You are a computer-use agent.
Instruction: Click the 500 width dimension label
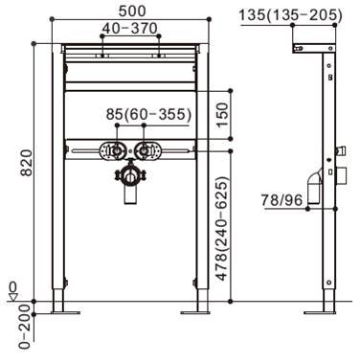(x=132, y=11)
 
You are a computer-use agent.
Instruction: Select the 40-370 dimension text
(x=129, y=29)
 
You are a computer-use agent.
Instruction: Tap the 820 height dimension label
(x=26, y=163)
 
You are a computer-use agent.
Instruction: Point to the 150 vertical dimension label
(x=222, y=115)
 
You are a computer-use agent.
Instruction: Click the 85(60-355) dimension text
(x=148, y=114)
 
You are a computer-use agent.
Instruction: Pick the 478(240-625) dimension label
(x=222, y=228)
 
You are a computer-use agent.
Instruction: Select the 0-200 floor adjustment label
(x=25, y=327)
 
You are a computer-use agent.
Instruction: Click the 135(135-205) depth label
(x=291, y=15)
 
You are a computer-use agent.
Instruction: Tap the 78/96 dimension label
(x=281, y=200)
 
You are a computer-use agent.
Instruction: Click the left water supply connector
(x=116, y=150)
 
